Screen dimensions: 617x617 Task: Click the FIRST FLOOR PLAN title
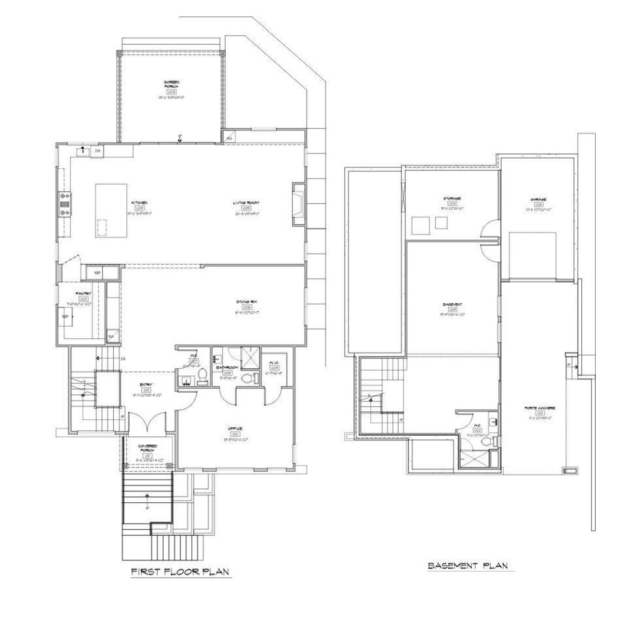[180, 572]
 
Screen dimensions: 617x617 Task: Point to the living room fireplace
[297, 204]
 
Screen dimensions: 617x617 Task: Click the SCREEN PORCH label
[171, 84]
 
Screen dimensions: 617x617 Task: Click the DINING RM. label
[246, 301]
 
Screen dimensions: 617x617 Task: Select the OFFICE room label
[235, 428]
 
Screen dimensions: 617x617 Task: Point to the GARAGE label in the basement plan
[538, 200]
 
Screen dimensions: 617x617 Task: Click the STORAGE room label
[452, 199]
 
